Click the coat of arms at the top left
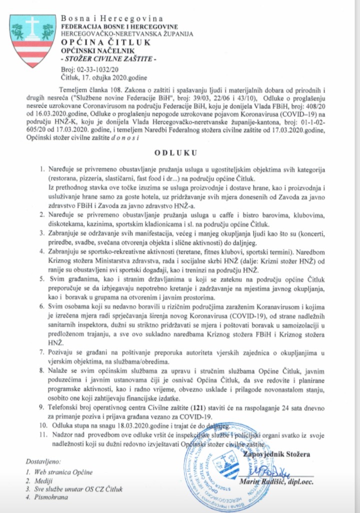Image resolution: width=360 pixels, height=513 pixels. [32, 40]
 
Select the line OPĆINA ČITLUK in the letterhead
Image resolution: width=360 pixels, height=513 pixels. [105, 42]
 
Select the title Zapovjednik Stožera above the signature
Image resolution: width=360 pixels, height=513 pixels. [275, 454]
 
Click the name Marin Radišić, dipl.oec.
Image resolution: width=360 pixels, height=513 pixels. [281, 480]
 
